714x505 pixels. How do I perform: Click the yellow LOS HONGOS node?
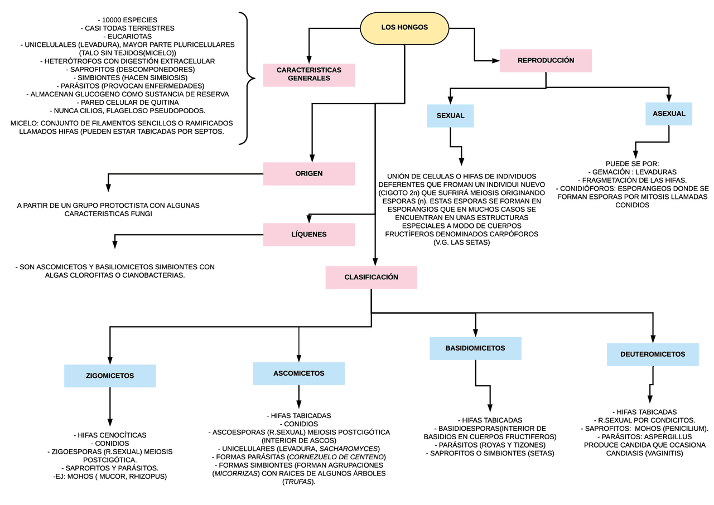(x=404, y=27)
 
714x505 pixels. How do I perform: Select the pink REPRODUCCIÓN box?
(x=545, y=60)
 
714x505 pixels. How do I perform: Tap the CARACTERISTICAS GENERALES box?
(x=308, y=74)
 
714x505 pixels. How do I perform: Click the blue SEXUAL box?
(x=450, y=115)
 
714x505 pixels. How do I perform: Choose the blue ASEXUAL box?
(x=668, y=114)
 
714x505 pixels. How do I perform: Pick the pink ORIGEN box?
(x=308, y=173)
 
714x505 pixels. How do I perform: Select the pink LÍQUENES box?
(x=308, y=235)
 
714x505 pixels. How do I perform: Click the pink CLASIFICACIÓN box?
(x=371, y=277)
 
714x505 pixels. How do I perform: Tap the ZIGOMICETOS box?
(x=110, y=376)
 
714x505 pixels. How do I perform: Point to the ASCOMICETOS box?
(x=298, y=373)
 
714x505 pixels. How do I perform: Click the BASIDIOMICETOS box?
(x=475, y=348)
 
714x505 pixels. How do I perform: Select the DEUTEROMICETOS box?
(x=652, y=354)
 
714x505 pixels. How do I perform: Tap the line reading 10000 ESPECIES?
(x=127, y=20)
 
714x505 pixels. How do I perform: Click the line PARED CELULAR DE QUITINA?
(x=127, y=103)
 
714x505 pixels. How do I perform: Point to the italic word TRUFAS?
(x=298, y=482)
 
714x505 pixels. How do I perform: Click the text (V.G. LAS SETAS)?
(x=461, y=242)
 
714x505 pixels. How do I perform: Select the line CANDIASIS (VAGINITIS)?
(x=644, y=453)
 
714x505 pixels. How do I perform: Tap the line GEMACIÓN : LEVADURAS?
(x=632, y=172)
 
